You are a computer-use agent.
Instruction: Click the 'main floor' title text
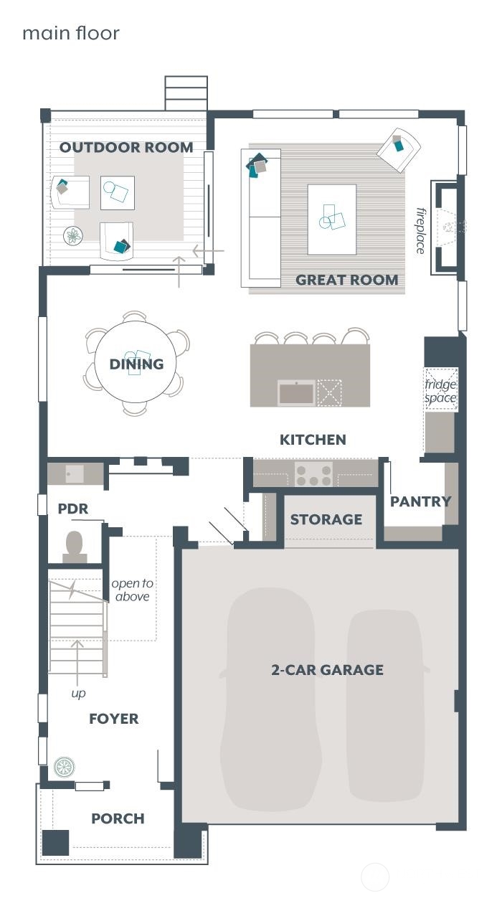pyautogui.click(x=70, y=34)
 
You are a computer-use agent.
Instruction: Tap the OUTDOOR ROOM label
pyautogui.click(x=126, y=148)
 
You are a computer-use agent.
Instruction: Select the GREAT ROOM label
pyautogui.click(x=346, y=280)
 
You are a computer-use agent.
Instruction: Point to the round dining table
pyautogui.click(x=136, y=364)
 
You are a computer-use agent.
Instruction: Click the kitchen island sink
pyautogui.click(x=296, y=392)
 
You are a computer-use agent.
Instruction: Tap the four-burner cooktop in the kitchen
pyautogui.click(x=314, y=474)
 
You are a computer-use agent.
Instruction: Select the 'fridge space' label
pyautogui.click(x=440, y=391)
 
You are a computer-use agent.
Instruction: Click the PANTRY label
pyautogui.click(x=420, y=501)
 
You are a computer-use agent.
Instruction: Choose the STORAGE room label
pyautogui.click(x=326, y=519)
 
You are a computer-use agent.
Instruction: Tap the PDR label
pyautogui.click(x=72, y=509)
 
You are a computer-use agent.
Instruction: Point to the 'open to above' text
pyautogui.click(x=132, y=590)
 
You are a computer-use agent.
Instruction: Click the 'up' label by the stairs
pyautogui.click(x=78, y=694)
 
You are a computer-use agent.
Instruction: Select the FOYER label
pyautogui.click(x=113, y=719)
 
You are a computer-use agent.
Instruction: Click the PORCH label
pyautogui.click(x=118, y=818)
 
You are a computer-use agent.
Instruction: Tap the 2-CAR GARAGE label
pyautogui.click(x=327, y=670)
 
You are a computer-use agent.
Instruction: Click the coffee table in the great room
pyautogui.click(x=331, y=220)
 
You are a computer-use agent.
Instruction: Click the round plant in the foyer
pyautogui.click(x=64, y=767)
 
